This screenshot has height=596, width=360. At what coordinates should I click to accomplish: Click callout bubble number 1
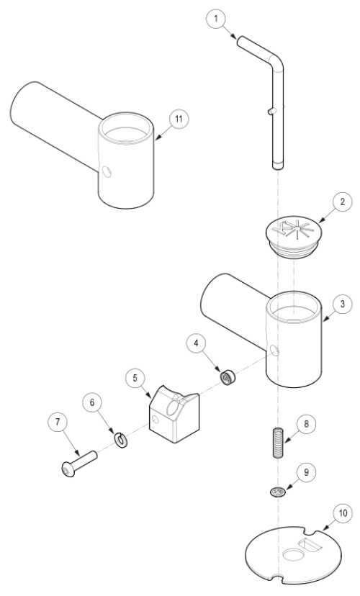click(216, 19)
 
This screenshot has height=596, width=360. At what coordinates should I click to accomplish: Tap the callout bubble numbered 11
click(179, 119)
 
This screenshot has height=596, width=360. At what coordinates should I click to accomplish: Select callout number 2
click(342, 202)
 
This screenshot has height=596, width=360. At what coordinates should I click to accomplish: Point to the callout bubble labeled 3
click(342, 304)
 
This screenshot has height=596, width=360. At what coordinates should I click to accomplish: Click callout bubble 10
click(343, 513)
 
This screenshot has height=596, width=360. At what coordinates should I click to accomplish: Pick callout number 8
click(307, 423)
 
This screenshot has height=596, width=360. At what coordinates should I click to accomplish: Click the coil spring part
click(279, 443)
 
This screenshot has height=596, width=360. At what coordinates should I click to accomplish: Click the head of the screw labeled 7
click(68, 470)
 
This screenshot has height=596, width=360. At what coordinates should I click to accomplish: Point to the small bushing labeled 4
click(228, 377)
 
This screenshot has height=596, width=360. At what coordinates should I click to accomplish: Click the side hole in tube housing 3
click(275, 350)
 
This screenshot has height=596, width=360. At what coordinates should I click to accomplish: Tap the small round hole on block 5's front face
click(155, 419)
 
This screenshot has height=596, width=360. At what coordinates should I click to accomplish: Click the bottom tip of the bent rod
click(278, 168)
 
